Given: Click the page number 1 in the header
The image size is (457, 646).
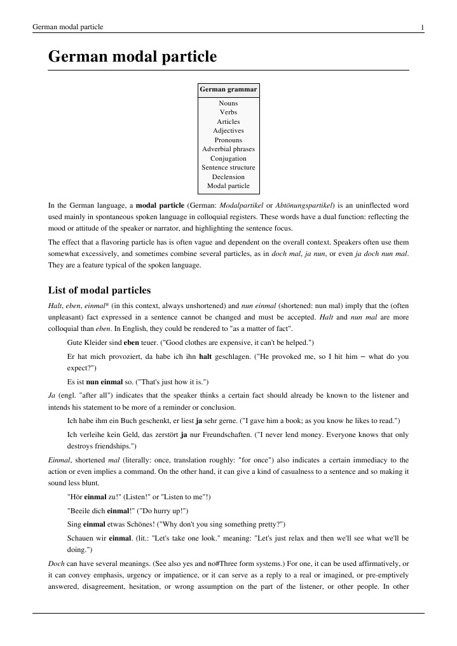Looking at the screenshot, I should coord(422,27).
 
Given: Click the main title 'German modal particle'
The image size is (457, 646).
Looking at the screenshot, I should coord(133,57).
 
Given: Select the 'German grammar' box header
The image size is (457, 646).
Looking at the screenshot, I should coord(228,90).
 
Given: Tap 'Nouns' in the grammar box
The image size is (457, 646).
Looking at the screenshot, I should coord(228,103).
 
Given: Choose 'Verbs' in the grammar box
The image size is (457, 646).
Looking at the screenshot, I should coord(228,112).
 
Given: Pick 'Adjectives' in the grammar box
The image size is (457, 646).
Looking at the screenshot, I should coord(228,130).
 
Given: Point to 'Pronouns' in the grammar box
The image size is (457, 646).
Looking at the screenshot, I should coord(228,140).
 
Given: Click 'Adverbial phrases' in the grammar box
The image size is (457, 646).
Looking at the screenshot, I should coord(228,149).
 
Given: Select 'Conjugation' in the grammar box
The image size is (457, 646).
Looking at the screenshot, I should coord(228,158).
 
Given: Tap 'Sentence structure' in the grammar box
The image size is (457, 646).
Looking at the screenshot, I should coord(228,168).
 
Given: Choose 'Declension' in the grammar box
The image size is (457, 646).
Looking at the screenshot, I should coord(228,177).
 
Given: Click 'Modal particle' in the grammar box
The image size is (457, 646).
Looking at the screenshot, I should coord(228,186).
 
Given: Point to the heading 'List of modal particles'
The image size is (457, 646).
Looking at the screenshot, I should coord(100,290).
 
